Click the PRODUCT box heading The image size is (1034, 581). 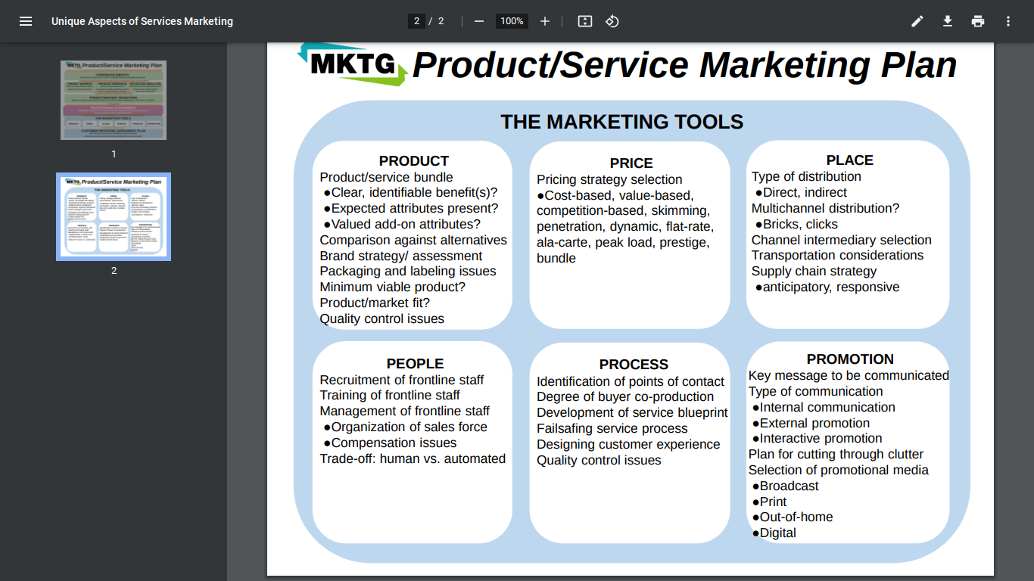[413, 161]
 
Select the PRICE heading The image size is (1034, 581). [631, 163]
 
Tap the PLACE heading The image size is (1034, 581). [849, 160]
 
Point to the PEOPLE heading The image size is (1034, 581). [415, 364]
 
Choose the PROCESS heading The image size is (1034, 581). [634, 365]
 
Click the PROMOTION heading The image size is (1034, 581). [850, 359]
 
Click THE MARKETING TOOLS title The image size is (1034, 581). [621, 122]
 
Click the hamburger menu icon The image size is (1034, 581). [26, 21]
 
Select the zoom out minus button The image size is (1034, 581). [478, 21]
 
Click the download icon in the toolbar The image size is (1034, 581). [948, 21]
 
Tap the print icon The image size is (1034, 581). [978, 21]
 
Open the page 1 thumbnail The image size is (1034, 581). [114, 100]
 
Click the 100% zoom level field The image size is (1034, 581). [512, 21]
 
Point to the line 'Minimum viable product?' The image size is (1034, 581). [392, 287]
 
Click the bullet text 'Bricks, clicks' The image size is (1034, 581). [800, 225]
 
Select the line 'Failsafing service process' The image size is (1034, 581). [612, 429]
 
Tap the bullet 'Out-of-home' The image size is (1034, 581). [796, 517]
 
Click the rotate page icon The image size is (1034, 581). [612, 21]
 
